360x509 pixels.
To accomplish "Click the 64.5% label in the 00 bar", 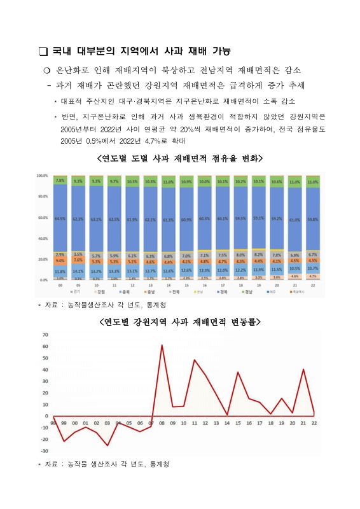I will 60,218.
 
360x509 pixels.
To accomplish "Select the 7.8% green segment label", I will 60,181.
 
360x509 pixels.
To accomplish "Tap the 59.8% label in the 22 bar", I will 313,219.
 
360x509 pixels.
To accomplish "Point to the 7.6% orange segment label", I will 78,260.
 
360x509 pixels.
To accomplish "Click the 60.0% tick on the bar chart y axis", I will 43,218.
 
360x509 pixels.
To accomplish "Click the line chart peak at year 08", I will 162,345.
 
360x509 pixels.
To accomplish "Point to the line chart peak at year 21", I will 303,369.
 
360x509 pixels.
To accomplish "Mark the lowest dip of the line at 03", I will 107,445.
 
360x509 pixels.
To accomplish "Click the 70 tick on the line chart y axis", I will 45,335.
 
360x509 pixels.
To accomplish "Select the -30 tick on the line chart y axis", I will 44,450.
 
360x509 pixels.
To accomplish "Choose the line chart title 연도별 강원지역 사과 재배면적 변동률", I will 180,323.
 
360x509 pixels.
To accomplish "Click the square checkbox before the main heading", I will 43,52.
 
